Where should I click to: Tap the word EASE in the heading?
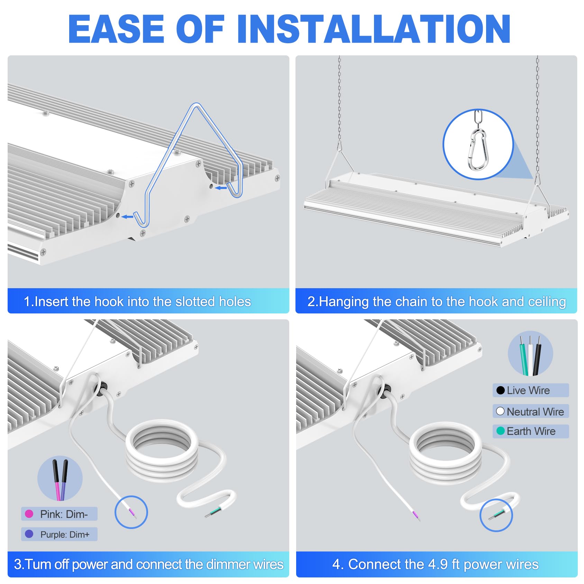click(x=116, y=29)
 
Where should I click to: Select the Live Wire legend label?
click(x=528, y=390)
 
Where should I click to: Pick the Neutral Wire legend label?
click(x=535, y=411)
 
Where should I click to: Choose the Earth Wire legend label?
click(x=531, y=431)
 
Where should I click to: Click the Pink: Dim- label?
click(x=64, y=514)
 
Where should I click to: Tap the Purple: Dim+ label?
click(x=65, y=535)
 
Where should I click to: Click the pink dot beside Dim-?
click(x=29, y=514)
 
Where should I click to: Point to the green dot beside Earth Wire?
click(x=500, y=431)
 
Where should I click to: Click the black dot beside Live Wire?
click(x=500, y=390)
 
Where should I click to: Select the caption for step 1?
click(x=137, y=302)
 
